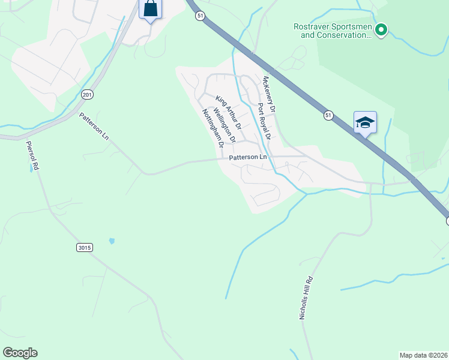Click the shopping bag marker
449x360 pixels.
pos(150,9)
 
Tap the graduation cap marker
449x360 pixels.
pos(365,123)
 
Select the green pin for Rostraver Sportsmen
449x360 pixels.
pos(381,29)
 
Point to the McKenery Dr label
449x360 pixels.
pos(269,95)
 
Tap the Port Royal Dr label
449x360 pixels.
pos(264,121)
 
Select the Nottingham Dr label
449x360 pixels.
pos(213,128)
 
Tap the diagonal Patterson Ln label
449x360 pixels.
pos(95,125)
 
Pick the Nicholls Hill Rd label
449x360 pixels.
pos(307,298)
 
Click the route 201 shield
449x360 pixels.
pos(88,95)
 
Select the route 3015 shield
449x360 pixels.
pos(85,247)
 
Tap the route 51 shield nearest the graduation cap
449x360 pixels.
pos(327,115)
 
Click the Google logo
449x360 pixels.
pos(20,353)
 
